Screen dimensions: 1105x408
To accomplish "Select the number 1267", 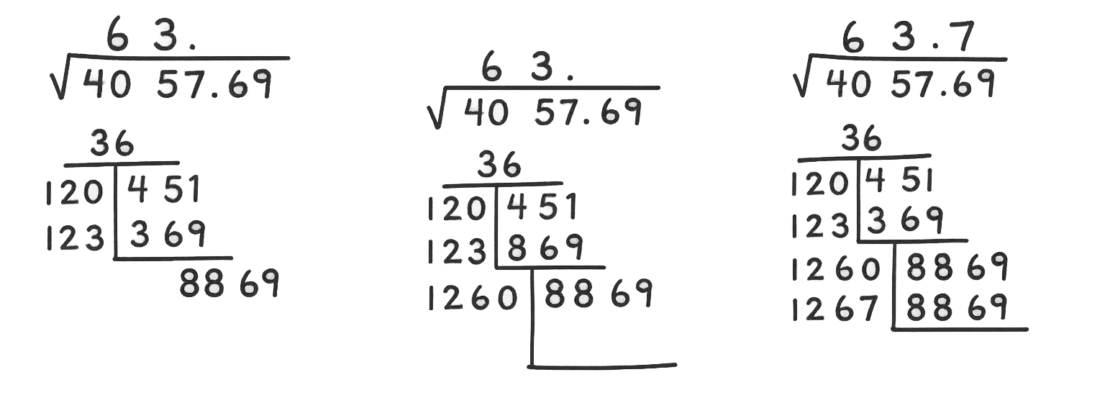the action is (x=835, y=308).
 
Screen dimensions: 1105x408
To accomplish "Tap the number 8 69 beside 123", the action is (x=544, y=248).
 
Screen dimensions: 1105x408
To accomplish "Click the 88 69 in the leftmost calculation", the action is (x=229, y=284).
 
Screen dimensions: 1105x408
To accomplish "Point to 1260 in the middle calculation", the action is (x=473, y=299).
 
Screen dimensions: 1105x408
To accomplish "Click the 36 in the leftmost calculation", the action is (x=112, y=143).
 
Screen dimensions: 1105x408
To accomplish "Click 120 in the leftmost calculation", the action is (x=74, y=192).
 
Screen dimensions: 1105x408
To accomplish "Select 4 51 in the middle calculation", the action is (x=542, y=207).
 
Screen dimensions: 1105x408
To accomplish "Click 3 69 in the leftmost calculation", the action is (x=168, y=234).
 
